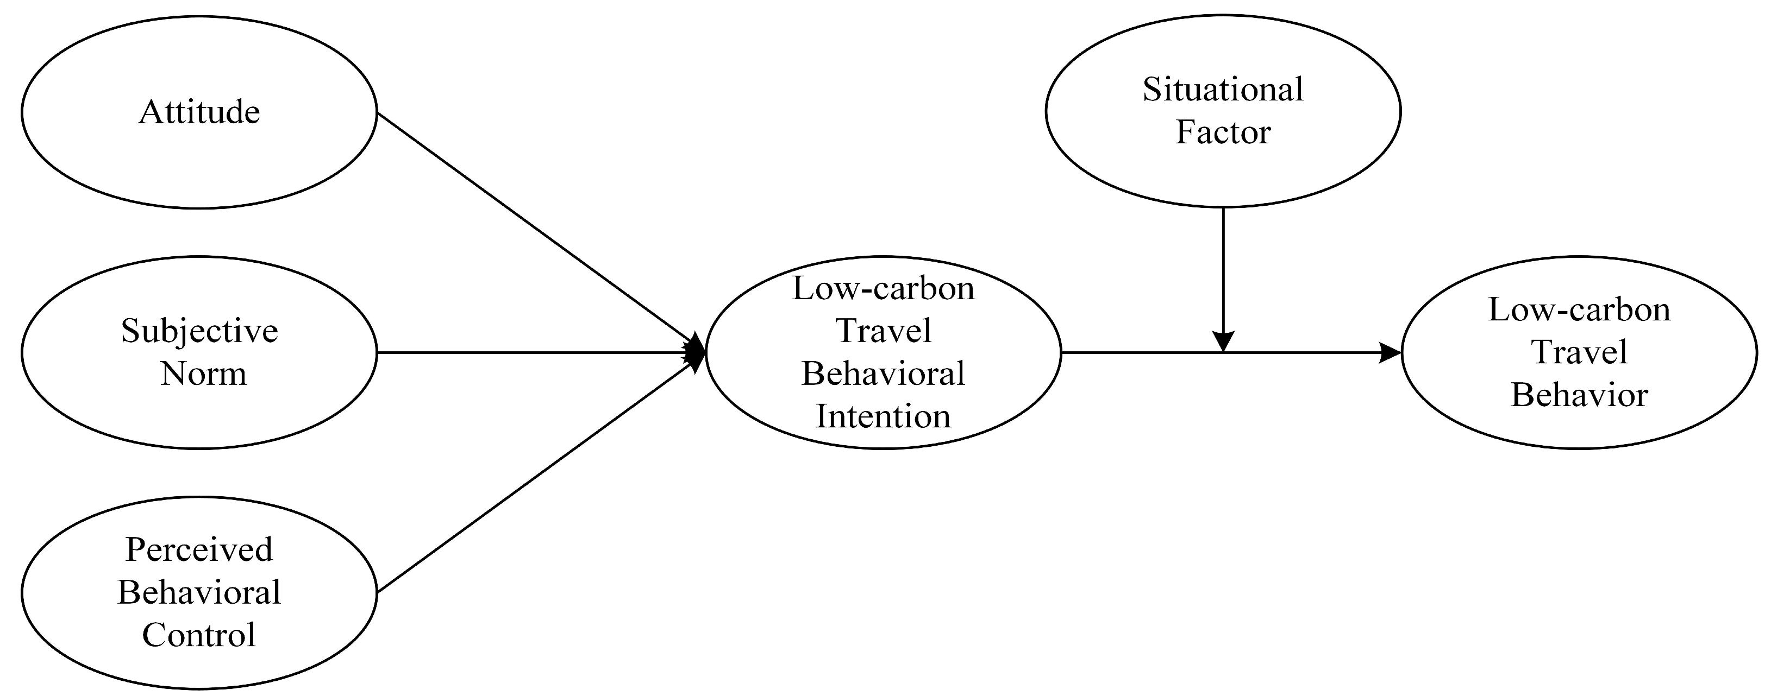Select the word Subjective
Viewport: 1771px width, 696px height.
199,331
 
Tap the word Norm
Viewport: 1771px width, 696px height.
203,375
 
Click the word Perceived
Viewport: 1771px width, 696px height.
199,549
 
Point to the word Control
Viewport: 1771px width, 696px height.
199,635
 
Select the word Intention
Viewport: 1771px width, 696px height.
884,416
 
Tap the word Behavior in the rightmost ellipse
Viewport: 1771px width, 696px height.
1579,396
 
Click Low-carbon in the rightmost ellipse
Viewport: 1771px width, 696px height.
1579,310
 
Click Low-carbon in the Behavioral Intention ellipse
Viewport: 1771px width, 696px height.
884,289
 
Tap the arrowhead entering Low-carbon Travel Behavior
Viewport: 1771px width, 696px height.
1390,353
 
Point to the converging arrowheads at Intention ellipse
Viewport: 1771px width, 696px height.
696,353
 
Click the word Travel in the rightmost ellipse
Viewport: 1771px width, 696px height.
1579,352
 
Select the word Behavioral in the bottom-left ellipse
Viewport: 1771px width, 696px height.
199,592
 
